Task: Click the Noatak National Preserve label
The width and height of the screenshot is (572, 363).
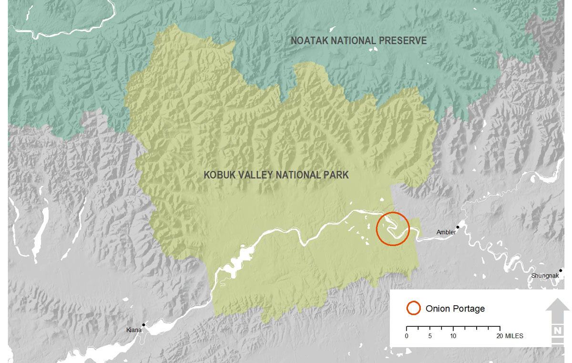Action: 359,41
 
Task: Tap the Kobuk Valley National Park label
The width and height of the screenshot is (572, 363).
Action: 276,175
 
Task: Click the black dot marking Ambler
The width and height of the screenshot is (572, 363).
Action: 458,227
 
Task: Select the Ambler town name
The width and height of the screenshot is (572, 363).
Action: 446,232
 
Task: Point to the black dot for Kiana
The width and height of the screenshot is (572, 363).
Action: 143,325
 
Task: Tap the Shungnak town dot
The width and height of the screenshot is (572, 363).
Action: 561,270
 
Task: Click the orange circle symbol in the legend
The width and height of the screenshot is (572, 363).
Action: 413,308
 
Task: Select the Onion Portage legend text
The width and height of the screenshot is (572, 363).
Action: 455,309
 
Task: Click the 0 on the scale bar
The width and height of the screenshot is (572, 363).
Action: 407,336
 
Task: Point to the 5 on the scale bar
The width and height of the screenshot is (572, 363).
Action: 430,336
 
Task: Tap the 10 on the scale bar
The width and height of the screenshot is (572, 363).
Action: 453,336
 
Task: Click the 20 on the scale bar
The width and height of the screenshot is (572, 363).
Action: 500,336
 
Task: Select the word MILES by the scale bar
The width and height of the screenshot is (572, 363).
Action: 514,336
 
